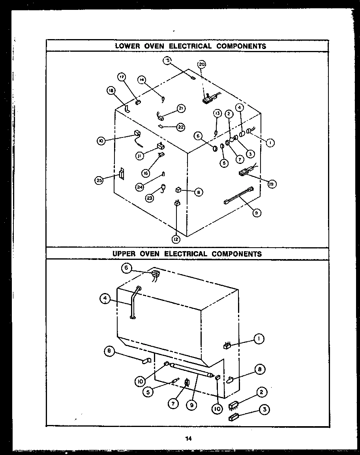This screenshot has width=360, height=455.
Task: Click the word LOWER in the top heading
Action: [x=126, y=46]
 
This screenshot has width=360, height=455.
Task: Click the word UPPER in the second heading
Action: [x=125, y=254]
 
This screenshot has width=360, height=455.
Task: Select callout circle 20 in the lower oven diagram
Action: [x=202, y=64]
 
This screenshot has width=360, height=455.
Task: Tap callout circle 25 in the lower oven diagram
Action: [x=99, y=180]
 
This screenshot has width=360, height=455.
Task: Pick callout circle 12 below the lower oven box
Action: [x=176, y=239]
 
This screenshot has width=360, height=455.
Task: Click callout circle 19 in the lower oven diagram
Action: [x=272, y=184]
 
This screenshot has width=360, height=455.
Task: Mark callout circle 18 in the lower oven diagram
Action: [x=111, y=90]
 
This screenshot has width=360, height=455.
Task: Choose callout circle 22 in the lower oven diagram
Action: [x=180, y=127]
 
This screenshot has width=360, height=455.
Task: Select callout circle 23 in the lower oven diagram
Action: [x=150, y=198]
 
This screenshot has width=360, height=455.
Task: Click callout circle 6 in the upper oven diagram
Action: [x=126, y=268]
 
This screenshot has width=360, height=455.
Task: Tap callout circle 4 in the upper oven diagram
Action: [x=105, y=299]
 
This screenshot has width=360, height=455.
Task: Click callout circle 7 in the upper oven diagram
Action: [x=172, y=403]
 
